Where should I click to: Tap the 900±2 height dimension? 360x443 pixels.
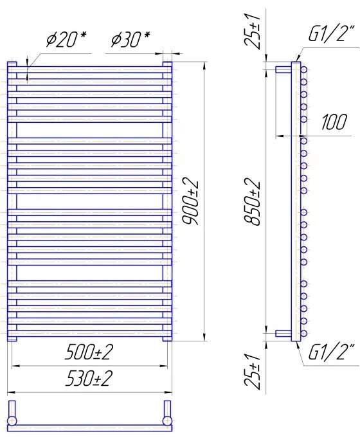point(191,201)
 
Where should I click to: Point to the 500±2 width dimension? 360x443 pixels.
point(89,352)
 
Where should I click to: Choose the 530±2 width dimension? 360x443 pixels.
point(89,378)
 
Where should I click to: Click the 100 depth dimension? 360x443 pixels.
point(334,122)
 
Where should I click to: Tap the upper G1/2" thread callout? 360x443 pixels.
point(331,33)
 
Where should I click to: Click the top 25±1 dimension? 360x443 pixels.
point(252,31)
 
